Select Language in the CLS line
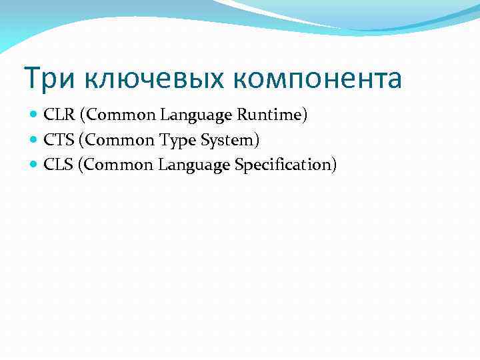194,165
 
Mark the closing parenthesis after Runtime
305,115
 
